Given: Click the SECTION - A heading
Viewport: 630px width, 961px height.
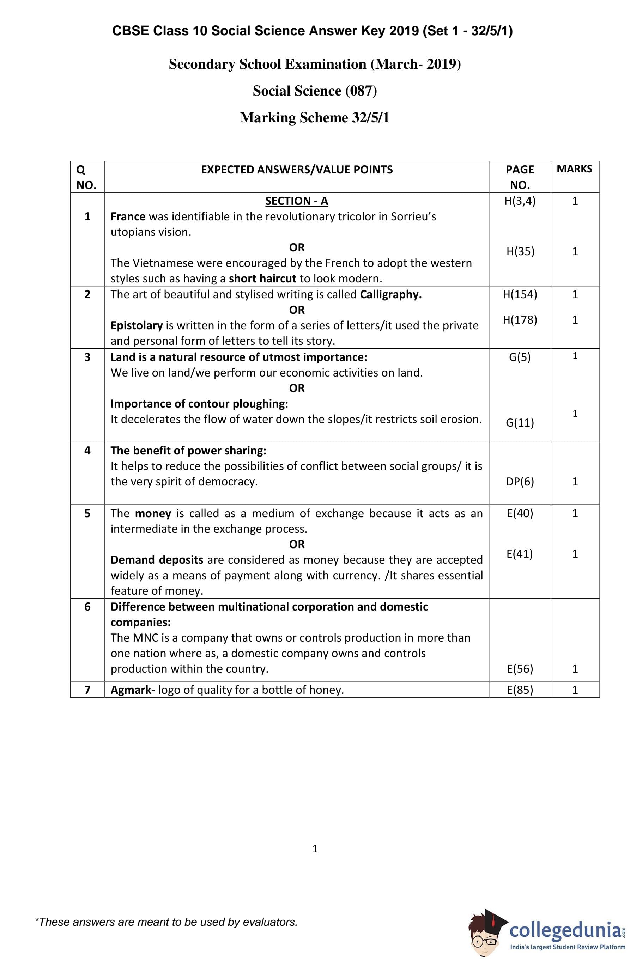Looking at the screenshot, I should (x=296, y=201).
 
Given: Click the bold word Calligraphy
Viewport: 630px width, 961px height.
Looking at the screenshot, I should (x=390, y=294).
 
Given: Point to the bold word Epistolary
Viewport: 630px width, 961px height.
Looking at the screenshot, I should (x=137, y=325).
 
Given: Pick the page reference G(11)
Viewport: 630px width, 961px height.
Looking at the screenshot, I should (x=520, y=423).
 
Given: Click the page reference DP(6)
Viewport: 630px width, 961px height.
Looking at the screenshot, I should (x=520, y=481).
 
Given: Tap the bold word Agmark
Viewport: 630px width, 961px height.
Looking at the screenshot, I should (x=131, y=690).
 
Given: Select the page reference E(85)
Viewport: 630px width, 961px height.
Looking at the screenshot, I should (x=520, y=690).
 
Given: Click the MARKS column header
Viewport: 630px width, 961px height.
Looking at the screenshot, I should (x=574, y=169).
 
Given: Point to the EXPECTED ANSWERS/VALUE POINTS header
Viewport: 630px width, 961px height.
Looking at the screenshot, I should (x=297, y=170).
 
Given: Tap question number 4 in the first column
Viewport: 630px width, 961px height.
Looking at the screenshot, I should (x=87, y=450).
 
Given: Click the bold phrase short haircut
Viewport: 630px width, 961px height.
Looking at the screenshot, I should (x=262, y=278).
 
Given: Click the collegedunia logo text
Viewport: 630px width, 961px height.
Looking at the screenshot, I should (x=565, y=930).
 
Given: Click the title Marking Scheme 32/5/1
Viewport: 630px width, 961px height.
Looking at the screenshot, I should (x=314, y=117).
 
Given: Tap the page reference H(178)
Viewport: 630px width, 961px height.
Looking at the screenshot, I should (x=520, y=320).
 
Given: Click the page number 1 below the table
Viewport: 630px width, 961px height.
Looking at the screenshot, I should (x=315, y=849).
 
